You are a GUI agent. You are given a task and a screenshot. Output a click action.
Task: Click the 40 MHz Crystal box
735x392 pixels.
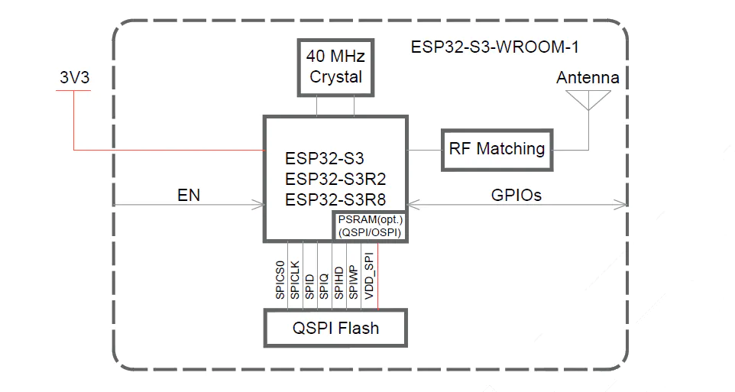pos(335,67)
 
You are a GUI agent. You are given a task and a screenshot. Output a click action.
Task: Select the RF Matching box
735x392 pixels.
pos(497,150)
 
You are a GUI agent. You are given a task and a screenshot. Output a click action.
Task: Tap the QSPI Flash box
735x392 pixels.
pos(335,328)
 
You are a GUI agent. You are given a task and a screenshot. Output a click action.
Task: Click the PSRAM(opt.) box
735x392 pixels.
pos(370,226)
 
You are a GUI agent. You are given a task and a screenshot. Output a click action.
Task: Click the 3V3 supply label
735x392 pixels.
pos(75,77)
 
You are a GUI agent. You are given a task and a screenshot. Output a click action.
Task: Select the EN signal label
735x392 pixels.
pos(189,195)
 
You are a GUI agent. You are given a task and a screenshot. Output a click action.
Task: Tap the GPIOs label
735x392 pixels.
pos(516,195)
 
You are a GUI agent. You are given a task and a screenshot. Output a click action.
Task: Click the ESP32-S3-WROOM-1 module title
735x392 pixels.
pos(495,47)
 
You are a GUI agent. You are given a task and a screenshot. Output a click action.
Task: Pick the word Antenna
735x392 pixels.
pos(588,77)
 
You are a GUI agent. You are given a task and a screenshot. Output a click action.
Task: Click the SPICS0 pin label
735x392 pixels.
pos(280,280)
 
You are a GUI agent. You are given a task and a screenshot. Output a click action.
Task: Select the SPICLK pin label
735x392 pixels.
pos(294,280)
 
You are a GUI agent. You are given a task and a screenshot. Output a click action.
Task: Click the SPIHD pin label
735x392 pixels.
pos(338,283)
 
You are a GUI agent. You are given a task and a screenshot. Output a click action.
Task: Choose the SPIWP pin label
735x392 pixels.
pos(353,282)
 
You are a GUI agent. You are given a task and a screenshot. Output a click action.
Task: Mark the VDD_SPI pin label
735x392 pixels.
pos(369,276)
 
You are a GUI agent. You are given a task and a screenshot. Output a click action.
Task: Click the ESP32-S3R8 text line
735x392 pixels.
pos(335,199)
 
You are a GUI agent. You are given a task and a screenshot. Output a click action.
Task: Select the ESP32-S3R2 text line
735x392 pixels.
pos(335,179)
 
